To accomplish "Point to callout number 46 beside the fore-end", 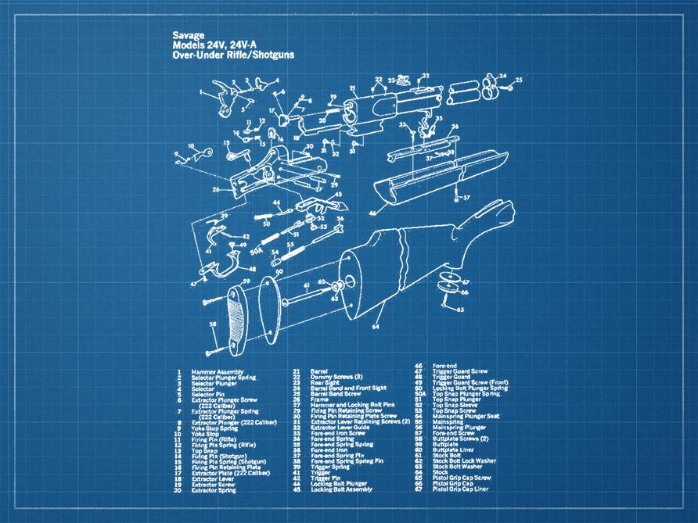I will [x=372, y=211].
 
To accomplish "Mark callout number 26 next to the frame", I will [x=214, y=188].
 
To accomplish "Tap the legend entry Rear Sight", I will [x=326, y=382].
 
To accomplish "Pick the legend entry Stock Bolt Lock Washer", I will [x=470, y=460].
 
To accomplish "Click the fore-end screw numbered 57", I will [x=455, y=199].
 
